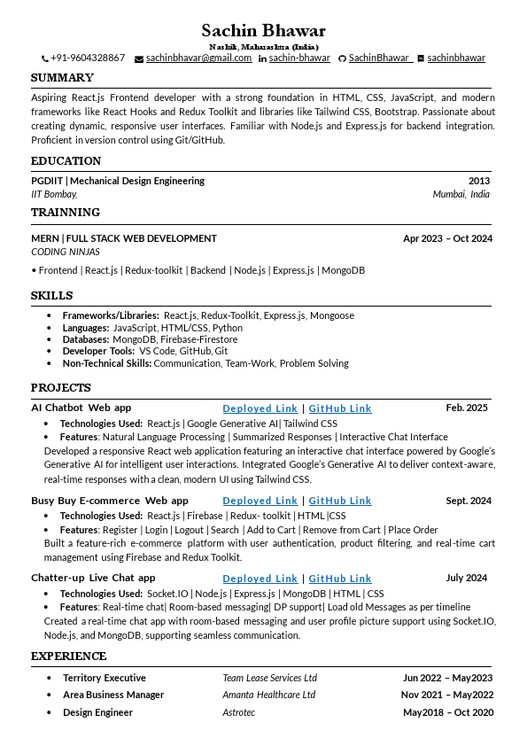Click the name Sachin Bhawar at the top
click(263, 31)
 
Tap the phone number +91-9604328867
click(88, 58)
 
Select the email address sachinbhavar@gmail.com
click(198, 58)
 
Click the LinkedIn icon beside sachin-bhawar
click(262, 58)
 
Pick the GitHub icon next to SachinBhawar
click(342, 58)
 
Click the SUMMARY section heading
click(62, 78)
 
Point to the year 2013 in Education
click(479, 181)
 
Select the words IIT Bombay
click(54, 194)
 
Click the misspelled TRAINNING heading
click(66, 213)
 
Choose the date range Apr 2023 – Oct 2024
click(447, 238)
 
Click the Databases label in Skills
click(86, 339)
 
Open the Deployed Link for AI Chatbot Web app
click(260, 408)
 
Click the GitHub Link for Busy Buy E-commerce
click(340, 501)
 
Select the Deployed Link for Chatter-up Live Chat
click(260, 579)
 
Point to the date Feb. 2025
click(467, 408)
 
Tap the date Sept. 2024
click(469, 501)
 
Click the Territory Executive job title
click(105, 678)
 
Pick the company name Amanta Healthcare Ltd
click(269, 695)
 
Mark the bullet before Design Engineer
click(49, 712)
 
